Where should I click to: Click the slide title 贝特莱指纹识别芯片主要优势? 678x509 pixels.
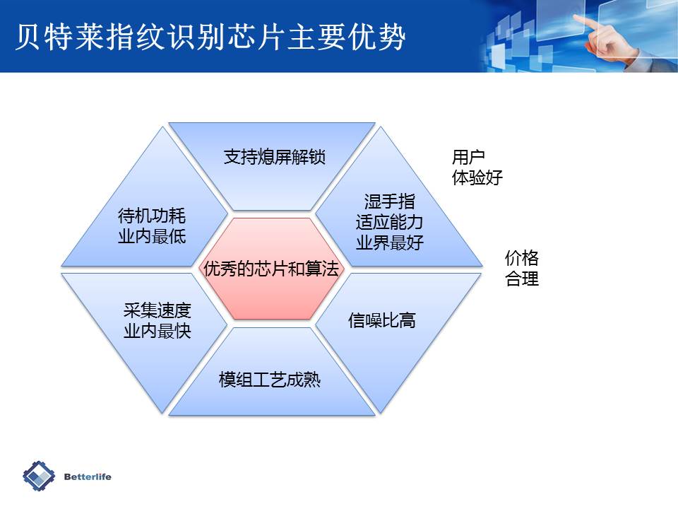tap(210, 37)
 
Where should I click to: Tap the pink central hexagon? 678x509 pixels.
tap(272, 269)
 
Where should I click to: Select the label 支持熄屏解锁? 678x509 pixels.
tap(274, 157)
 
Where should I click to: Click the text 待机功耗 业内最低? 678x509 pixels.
tap(152, 226)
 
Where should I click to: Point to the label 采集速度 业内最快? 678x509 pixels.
tap(157, 321)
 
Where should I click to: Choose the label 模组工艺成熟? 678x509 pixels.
tap(270, 380)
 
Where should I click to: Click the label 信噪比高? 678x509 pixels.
tap(382, 321)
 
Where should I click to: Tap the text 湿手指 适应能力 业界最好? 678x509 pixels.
tap(389, 222)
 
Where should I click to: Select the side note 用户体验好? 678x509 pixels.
tap(477, 167)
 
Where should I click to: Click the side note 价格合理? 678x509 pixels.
tap(521, 268)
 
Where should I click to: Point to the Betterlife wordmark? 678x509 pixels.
tap(88, 476)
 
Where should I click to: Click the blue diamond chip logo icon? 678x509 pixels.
tap(39, 476)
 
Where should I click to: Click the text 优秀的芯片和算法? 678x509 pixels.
tap(271, 269)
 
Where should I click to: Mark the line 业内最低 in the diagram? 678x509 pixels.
tap(152, 236)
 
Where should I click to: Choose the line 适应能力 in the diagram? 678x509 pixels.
tap(389, 222)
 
